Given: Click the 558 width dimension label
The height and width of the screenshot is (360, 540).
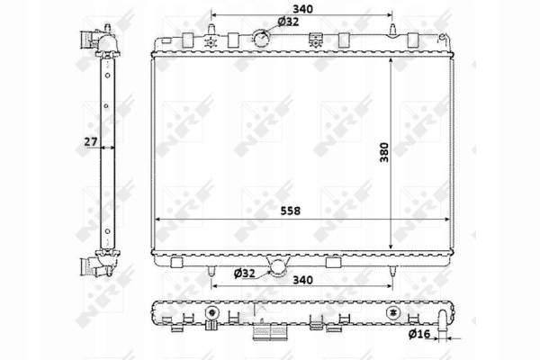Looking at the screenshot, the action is (291, 211).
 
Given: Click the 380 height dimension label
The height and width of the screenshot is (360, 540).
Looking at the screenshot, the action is (384, 152).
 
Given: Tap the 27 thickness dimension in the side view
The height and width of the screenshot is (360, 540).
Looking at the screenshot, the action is (91, 141).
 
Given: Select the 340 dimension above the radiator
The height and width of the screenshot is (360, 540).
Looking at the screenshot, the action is (302, 9).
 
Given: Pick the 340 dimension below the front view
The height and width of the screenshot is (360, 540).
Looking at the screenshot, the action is (302, 280).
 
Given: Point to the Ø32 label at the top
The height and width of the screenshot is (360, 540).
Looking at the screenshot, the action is (288, 22).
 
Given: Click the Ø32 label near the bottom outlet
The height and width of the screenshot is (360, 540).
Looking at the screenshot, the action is (244, 274).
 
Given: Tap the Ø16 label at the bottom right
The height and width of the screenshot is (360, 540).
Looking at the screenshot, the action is (419, 334).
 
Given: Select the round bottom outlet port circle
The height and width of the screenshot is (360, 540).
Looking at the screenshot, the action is (277, 268).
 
